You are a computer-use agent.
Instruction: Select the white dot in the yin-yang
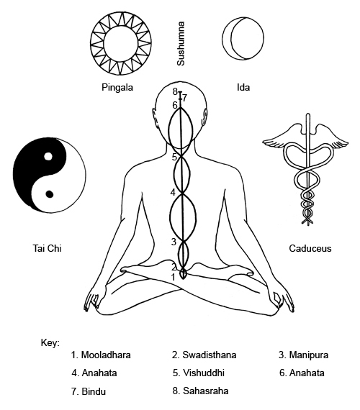click(x=48, y=156)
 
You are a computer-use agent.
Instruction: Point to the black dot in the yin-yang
click(x=50, y=194)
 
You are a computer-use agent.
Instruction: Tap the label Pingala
click(x=117, y=87)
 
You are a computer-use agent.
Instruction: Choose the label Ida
click(x=243, y=87)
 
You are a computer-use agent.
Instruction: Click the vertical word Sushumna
click(x=181, y=44)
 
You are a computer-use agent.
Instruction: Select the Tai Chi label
click(x=47, y=248)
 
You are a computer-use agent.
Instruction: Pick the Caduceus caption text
click(x=310, y=248)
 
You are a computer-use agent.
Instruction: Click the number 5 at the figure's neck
click(x=174, y=157)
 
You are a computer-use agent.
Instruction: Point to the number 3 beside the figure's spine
click(x=174, y=242)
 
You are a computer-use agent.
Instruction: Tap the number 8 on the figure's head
click(x=175, y=91)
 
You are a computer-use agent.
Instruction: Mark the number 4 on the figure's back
click(x=173, y=193)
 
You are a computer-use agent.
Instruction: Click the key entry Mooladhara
click(x=101, y=355)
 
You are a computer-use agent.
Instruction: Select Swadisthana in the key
click(x=204, y=355)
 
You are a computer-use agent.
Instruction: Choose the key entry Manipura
click(x=303, y=355)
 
